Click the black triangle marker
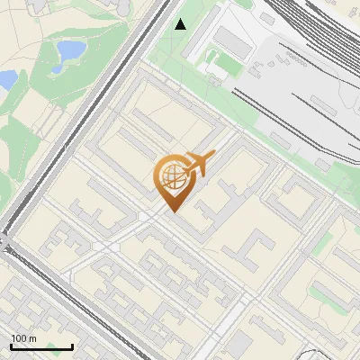(x=181, y=24)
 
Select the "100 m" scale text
(x=23, y=337)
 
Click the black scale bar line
(x=41, y=346)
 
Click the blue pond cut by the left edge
(x=6, y=80)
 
